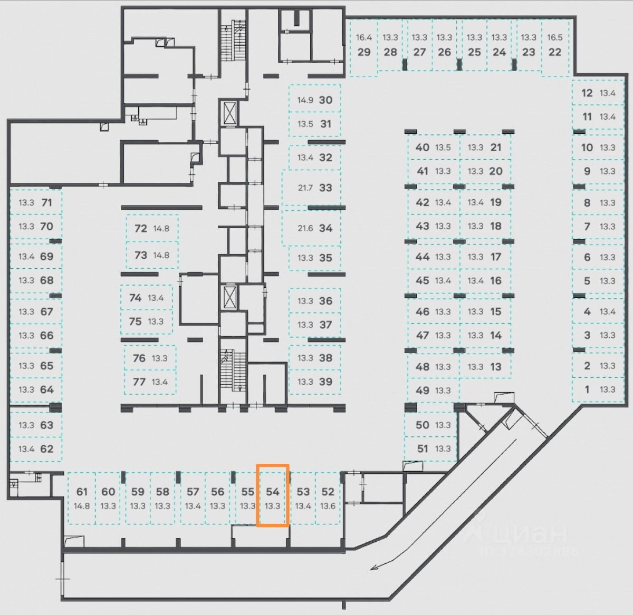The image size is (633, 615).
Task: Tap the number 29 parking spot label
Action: tap(364, 52)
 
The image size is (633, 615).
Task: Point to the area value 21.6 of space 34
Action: tap(305, 228)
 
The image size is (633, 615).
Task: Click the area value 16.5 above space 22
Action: tap(555, 37)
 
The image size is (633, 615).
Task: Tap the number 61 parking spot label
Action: tap(82, 492)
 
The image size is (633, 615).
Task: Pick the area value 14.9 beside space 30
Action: tap(305, 100)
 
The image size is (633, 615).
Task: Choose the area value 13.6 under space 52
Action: tap(328, 506)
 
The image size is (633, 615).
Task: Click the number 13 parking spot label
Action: tap(496, 367)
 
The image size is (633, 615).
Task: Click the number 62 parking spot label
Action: tap(47, 449)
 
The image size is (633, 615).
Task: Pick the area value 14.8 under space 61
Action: tap(82, 506)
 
